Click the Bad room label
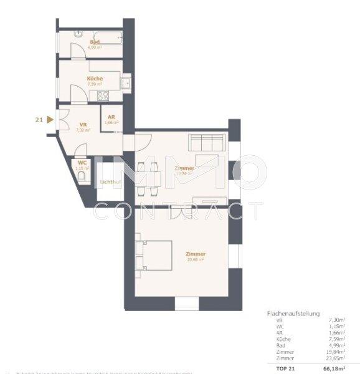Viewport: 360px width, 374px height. (x=95, y=42)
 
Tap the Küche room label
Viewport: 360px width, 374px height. (x=95, y=79)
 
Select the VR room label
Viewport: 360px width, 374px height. (x=83, y=124)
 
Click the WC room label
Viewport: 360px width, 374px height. (x=82, y=163)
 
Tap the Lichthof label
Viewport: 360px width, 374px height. (x=111, y=182)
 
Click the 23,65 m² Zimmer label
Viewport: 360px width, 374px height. (x=195, y=254)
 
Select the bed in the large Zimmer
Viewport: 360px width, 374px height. (x=156, y=255)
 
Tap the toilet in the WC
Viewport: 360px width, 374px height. (x=83, y=176)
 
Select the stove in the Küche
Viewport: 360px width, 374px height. (x=103, y=95)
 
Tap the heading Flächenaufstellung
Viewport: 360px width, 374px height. (x=293, y=314)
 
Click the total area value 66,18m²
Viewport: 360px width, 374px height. (x=334, y=368)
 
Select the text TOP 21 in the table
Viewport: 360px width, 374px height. (x=278, y=368)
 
